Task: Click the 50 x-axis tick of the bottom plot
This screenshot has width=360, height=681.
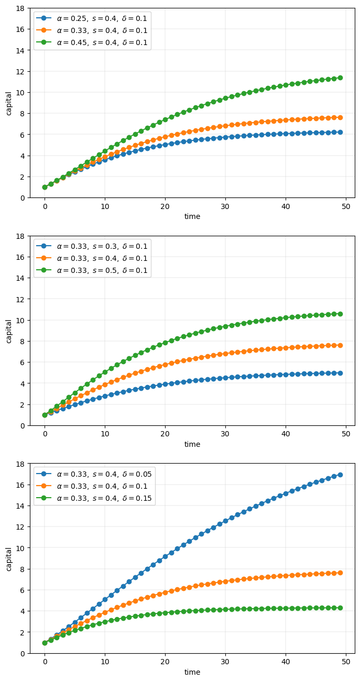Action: pos(346,662)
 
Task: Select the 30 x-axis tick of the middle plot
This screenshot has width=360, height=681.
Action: pos(225,434)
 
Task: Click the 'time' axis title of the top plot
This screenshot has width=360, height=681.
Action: pos(192,216)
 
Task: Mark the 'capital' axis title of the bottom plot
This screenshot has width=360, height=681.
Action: pos(9,558)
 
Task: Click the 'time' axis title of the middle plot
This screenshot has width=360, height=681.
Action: pos(192,444)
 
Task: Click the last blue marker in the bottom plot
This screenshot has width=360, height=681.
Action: pos(340,475)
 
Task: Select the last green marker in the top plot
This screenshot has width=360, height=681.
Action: pos(340,78)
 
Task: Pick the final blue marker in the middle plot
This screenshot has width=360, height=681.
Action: pos(340,373)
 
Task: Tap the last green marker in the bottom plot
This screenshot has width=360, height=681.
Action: pos(340,608)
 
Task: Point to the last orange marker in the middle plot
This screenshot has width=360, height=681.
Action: pos(340,345)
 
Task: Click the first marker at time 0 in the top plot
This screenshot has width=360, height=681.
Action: pos(45,187)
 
